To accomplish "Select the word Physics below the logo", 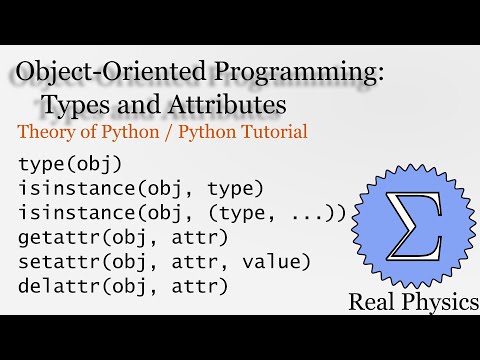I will (438, 301).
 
